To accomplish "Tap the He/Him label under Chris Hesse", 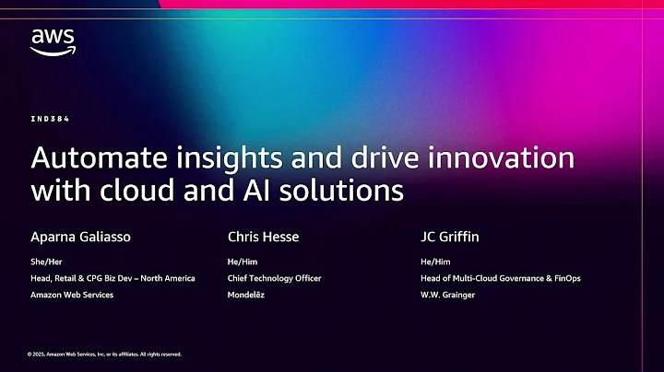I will pos(242,262).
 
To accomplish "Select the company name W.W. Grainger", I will pos(445,296).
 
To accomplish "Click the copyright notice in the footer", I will pos(104,354).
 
